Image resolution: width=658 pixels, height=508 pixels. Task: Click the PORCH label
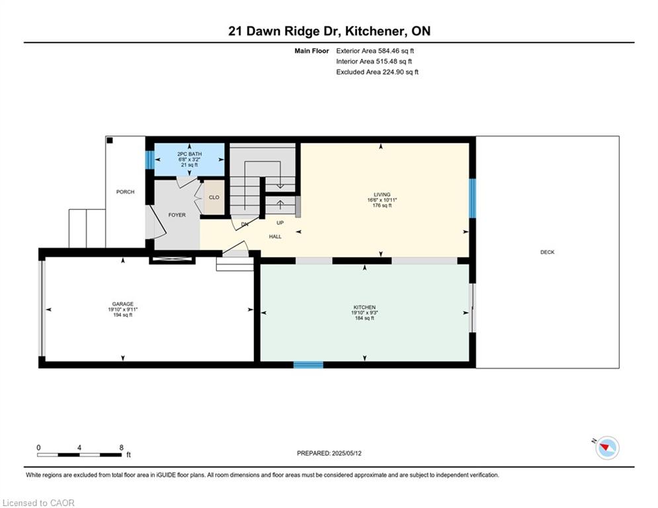pyautogui.click(x=125, y=192)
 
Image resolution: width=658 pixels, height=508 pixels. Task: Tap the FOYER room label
pyautogui.click(x=177, y=215)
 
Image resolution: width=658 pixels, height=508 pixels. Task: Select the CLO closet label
pyautogui.click(x=214, y=197)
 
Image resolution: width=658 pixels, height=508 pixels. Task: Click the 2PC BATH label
pyautogui.click(x=189, y=154)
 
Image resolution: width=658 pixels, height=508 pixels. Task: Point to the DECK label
pyautogui.click(x=547, y=252)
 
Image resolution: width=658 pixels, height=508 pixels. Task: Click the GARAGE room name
pyautogui.click(x=122, y=304)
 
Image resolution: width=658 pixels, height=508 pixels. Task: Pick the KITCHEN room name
pyautogui.click(x=364, y=308)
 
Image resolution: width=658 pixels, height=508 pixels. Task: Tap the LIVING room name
pyautogui.click(x=382, y=195)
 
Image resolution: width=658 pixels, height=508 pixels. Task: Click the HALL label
pyautogui.click(x=275, y=237)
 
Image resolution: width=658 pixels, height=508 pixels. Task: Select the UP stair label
pyautogui.click(x=280, y=223)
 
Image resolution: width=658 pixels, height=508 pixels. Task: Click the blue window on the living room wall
pyautogui.click(x=473, y=198)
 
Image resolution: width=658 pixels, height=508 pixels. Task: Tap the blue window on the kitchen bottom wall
pyautogui.click(x=308, y=365)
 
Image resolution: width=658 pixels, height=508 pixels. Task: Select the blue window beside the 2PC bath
pyautogui.click(x=149, y=159)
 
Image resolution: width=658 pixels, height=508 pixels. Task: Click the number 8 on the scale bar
pyautogui.click(x=121, y=448)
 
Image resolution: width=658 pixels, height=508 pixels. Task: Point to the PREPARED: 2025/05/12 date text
pyautogui.click(x=329, y=453)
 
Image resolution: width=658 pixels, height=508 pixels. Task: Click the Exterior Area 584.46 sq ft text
pyautogui.click(x=375, y=51)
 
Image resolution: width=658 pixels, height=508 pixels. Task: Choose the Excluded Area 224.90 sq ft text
pyautogui.click(x=377, y=72)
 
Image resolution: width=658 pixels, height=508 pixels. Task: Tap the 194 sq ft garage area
pyautogui.click(x=122, y=315)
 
